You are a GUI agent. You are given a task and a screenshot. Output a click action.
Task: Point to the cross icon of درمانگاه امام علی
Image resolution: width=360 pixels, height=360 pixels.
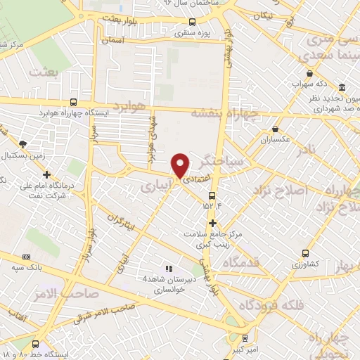(x=46, y=174)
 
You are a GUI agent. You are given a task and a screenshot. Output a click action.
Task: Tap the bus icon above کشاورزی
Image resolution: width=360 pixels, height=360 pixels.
(x=305, y=254)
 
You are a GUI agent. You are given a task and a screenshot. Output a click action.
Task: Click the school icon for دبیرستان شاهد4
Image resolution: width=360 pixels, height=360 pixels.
(x=168, y=269)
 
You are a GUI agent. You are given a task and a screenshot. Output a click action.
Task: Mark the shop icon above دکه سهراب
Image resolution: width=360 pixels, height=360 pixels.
(x=309, y=73)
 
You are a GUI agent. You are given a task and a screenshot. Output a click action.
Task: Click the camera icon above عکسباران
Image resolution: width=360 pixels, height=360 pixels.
(x=276, y=129)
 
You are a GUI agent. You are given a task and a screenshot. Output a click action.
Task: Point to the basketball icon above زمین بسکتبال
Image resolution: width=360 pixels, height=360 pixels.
(x=23, y=143)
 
